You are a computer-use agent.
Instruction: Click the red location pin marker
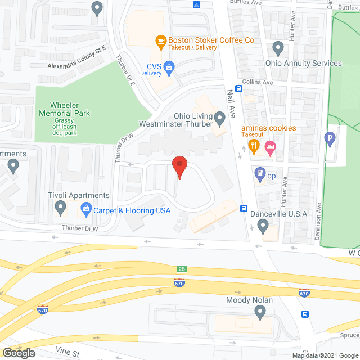(179, 166)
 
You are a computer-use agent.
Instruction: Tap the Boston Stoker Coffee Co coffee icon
(161, 40)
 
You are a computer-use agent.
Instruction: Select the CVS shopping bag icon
(169, 67)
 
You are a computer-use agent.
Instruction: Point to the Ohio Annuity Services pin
(277, 48)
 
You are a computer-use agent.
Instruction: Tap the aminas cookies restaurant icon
(254, 148)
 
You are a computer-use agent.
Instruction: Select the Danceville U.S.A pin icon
(263, 226)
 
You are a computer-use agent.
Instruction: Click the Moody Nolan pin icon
(260, 312)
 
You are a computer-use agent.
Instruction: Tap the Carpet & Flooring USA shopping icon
(87, 210)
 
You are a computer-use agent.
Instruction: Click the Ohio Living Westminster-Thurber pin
(219, 118)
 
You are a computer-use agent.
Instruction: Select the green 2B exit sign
(181, 269)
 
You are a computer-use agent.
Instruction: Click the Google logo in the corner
(18, 353)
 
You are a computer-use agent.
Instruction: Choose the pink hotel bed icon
(271, 148)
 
